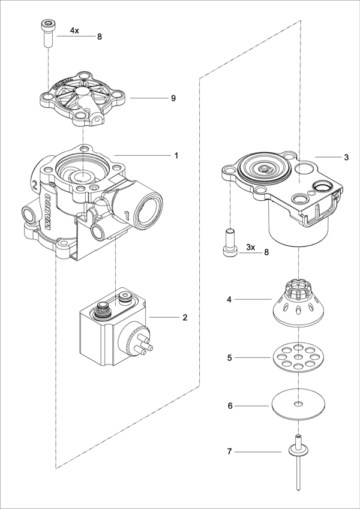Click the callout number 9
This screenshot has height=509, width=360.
tap(173, 98)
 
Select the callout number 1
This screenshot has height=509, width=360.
tap(176, 155)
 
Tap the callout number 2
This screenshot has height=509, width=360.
tap(185, 317)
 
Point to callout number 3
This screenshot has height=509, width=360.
tap(346, 157)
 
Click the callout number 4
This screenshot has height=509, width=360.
tap(229, 299)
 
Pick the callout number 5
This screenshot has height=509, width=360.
tap(229, 358)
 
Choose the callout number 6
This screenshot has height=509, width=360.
tap(229, 406)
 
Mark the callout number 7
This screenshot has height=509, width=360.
tap(229, 451)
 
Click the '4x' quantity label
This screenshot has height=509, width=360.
tap(75, 29)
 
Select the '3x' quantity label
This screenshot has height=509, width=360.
tap(251, 247)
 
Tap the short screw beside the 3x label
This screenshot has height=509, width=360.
tap(229, 243)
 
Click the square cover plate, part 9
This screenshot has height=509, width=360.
tap(84, 98)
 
